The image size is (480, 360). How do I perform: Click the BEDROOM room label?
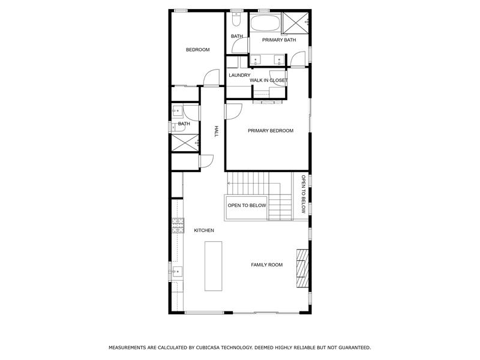[x=197, y=50]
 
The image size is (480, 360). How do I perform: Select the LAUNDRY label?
[x=239, y=75]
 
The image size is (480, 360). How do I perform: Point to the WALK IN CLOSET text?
[x=269, y=80]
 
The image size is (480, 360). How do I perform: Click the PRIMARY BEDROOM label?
[x=271, y=130]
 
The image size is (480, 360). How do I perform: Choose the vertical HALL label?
[x=216, y=131]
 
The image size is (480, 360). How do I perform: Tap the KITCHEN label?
[x=204, y=230]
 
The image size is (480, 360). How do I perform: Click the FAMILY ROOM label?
[x=266, y=265]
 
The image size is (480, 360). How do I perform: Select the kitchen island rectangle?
[x=214, y=266]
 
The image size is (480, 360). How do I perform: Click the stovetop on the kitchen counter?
[x=178, y=226]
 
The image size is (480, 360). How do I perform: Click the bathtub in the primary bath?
[x=264, y=23]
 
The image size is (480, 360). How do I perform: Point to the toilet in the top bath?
[x=236, y=21]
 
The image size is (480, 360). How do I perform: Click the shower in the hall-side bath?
[x=185, y=142]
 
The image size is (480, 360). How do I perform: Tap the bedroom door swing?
[x=210, y=77]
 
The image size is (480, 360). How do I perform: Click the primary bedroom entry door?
[x=233, y=111]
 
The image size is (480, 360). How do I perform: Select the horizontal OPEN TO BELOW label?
[x=247, y=205]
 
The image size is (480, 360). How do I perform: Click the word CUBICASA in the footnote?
[x=215, y=347]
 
